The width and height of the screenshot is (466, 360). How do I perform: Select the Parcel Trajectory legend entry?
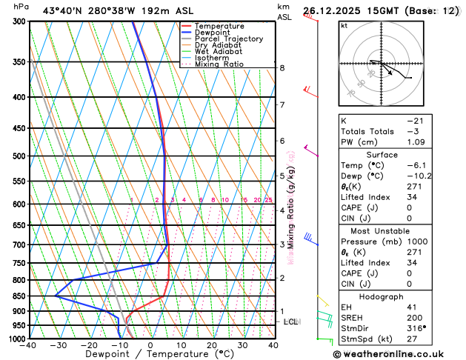pos(227,39)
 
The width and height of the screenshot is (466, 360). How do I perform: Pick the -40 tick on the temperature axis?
pos(28,345)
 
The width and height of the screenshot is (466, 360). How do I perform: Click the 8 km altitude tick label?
pos(282,68)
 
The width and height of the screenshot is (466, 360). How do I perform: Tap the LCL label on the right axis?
pos(291,321)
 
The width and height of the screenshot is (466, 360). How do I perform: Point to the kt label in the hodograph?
pos(344,26)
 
